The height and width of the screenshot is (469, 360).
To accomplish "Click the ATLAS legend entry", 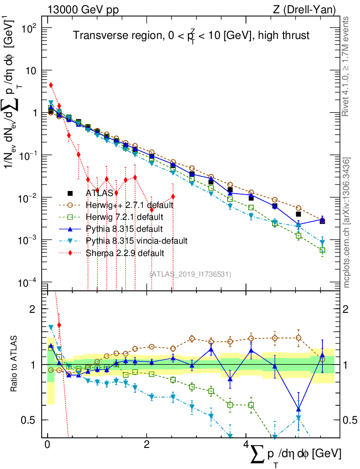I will point(100,193).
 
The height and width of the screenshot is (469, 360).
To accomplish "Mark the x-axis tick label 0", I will point(47,445).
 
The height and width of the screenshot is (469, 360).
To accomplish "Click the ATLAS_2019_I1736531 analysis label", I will point(191,274).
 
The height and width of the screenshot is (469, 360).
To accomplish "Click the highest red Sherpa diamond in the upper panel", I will point(51,85).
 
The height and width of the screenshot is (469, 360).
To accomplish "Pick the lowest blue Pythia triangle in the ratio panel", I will point(298,409).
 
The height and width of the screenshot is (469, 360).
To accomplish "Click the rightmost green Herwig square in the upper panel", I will point(322,251).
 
